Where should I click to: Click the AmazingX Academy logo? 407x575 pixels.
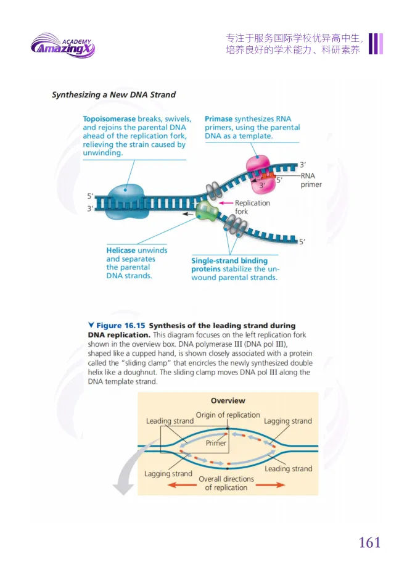(62, 46)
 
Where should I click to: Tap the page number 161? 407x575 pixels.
(369, 542)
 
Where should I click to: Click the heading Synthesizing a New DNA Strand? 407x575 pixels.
(113, 95)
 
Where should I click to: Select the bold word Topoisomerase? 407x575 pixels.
(109, 119)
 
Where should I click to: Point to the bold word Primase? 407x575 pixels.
(218, 119)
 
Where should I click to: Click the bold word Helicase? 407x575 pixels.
(121, 250)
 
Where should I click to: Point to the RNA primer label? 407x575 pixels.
(311, 180)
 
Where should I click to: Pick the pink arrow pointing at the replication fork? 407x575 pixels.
(225, 202)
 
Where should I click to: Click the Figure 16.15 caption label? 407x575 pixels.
(121, 326)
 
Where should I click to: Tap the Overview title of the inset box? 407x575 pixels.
(228, 400)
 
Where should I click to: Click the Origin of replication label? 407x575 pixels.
(228, 415)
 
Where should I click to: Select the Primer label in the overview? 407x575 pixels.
(216, 443)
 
